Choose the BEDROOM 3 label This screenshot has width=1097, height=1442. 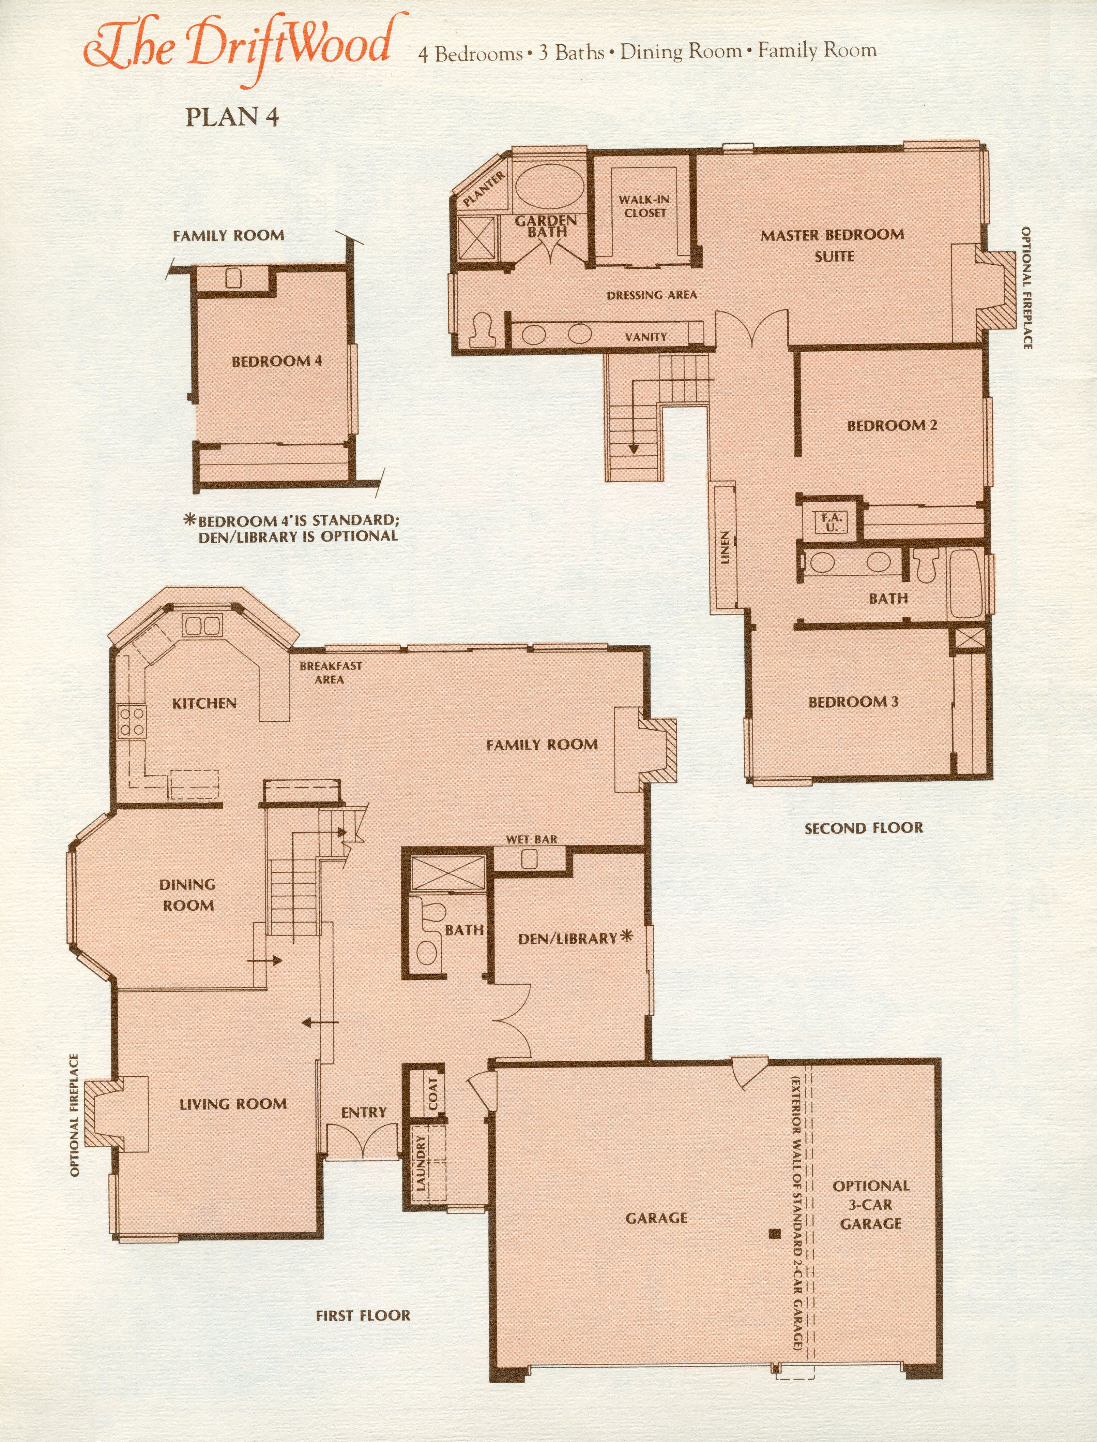click(853, 702)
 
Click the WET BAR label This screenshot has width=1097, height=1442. click(532, 840)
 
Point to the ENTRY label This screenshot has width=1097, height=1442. click(364, 1112)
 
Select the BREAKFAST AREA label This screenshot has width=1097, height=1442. click(331, 672)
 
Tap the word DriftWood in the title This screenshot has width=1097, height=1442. click(291, 46)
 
